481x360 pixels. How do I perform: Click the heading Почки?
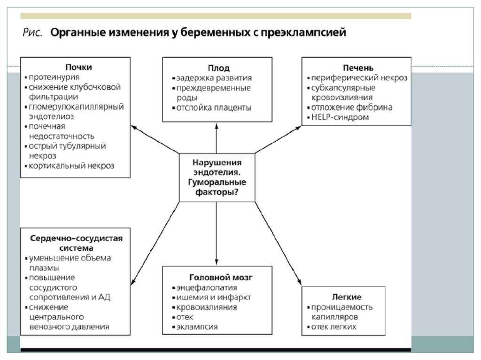coord(78,67)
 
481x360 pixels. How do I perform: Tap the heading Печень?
coord(358,68)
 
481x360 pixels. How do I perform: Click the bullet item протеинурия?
coord(54,77)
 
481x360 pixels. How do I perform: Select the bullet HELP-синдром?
coord(340,117)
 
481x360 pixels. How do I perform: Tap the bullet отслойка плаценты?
coord(214,107)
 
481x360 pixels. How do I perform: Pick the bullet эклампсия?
coord(197,327)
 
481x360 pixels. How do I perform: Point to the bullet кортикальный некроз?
coord(71,166)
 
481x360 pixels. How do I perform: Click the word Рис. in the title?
coord(33,33)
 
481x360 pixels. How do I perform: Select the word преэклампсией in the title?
coord(307,33)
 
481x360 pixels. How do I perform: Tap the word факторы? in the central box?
coord(217,192)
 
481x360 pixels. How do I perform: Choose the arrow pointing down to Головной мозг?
coord(217,235)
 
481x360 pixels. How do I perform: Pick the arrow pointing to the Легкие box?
coord(279,244)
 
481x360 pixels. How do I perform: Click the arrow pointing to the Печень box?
coord(280,139)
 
